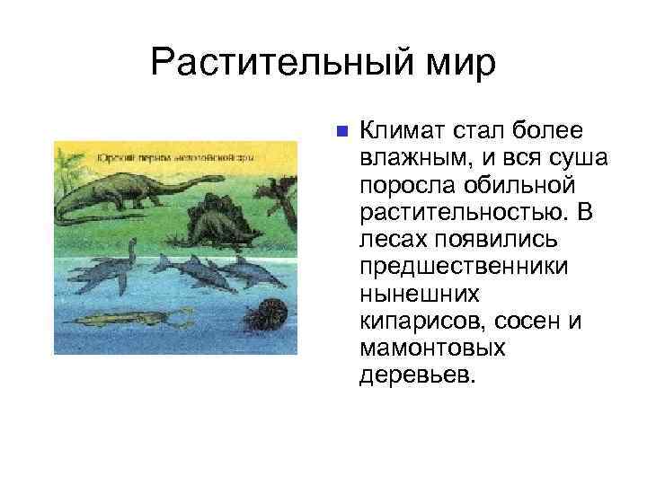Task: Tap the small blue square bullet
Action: point(339,132)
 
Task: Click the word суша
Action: point(581,159)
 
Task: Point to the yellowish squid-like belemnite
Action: point(135,318)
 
